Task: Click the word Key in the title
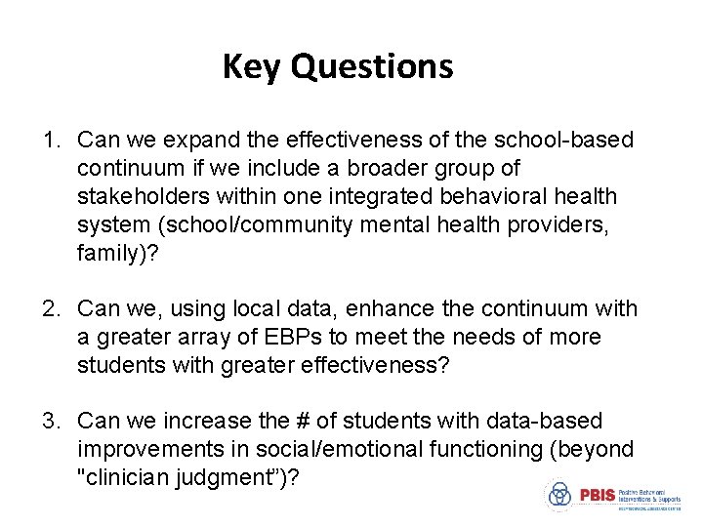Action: click(x=252, y=66)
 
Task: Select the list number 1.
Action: click(x=50, y=141)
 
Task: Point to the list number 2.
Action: click(x=50, y=309)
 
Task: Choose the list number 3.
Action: click(x=50, y=422)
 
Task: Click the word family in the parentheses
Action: click(x=106, y=254)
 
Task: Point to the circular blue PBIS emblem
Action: click(x=559, y=495)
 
